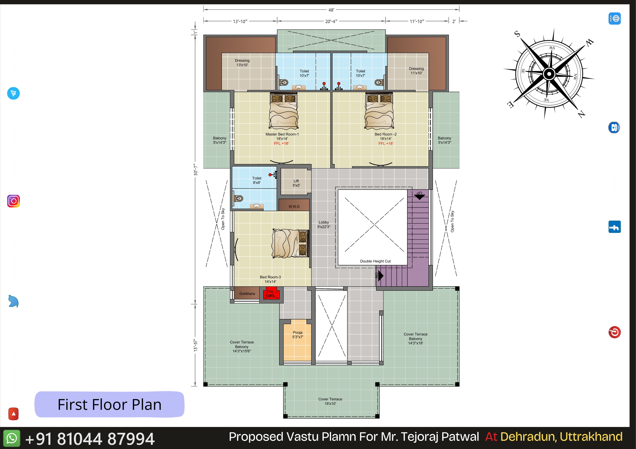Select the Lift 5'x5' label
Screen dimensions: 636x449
pos(296,183)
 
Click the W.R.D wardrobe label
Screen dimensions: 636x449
pos(294,207)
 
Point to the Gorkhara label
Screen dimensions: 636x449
pos(247,294)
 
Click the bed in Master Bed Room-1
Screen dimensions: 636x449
pos(284,111)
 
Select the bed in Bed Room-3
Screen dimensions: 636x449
pos(290,243)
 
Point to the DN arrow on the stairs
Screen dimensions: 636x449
pos(381,276)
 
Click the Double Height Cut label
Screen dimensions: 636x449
pos(375,261)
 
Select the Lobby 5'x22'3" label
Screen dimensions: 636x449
pos(324,225)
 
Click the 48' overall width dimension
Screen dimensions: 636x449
pos(331,10)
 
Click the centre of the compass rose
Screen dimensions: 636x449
pos(549,74)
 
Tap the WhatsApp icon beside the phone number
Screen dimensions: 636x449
pos(12,438)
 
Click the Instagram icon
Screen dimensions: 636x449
pos(13,201)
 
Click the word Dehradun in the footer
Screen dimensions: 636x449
pos(529,437)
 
